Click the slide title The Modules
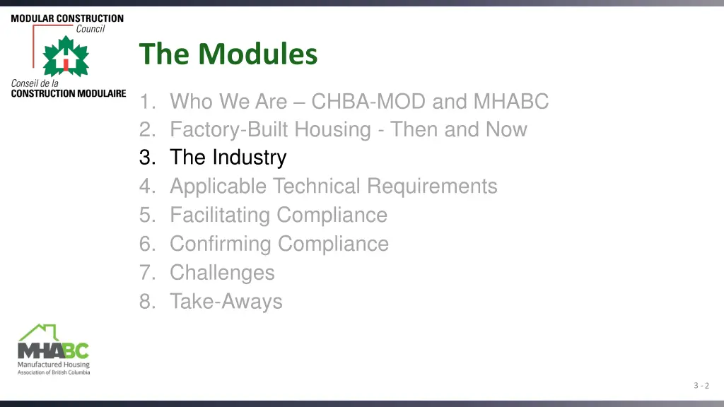click(x=228, y=54)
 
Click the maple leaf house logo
click(x=66, y=57)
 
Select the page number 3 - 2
click(x=701, y=385)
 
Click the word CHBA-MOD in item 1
click(x=368, y=102)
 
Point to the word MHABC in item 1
click(x=510, y=102)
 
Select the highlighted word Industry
click(x=248, y=158)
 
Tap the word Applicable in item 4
click(x=218, y=187)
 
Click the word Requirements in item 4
click(x=431, y=187)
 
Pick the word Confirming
click(x=221, y=244)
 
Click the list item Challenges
click(x=222, y=272)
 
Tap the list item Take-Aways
click(x=226, y=302)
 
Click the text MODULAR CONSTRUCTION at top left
click(x=67, y=18)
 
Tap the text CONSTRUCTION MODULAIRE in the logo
click(x=68, y=93)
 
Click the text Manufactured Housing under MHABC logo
click(x=54, y=365)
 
